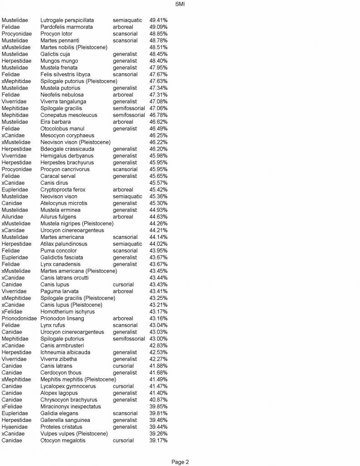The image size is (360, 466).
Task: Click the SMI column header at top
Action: tap(180, 4)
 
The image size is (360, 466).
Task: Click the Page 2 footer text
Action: tap(180, 462)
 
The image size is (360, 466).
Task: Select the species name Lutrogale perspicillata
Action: tap(67, 20)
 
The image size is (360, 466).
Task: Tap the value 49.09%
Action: tap(158, 27)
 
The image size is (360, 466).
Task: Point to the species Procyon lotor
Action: tap(56, 34)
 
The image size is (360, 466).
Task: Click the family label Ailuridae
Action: tap(15, 217)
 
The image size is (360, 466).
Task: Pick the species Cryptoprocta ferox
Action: tap(62, 190)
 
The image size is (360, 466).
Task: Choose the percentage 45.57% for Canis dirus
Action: tap(158, 183)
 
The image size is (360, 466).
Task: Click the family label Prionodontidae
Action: tap(19, 319)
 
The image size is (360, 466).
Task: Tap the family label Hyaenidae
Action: tap(15, 427)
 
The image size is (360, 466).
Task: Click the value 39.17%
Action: tap(158, 441)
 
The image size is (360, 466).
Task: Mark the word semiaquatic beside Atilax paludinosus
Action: tap(127, 244)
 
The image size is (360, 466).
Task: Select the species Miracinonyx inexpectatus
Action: tap(71, 406)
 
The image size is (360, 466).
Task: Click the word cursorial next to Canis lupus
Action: tap(123, 285)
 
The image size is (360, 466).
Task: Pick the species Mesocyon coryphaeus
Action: tap(67, 136)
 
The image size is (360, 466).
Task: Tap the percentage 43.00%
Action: tap(158, 339)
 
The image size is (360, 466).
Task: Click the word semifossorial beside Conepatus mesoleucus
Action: tap(129, 115)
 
